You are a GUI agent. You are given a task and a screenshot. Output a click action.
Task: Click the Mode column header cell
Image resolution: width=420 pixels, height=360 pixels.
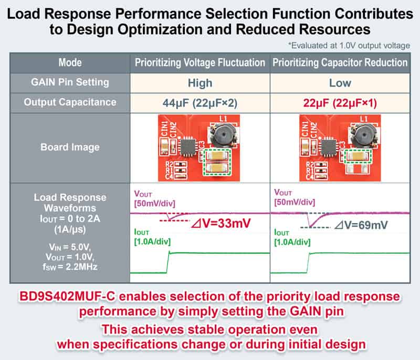point(70,63)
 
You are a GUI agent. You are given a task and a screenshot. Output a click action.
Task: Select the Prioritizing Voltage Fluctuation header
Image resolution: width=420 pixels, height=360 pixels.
point(200,63)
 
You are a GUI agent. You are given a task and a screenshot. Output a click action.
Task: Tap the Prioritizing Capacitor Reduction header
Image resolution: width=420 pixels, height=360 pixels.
point(340,63)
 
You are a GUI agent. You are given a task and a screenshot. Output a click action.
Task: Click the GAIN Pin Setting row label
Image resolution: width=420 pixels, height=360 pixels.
point(70,82)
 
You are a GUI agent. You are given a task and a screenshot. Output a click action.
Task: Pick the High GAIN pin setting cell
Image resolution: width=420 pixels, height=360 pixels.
point(200,83)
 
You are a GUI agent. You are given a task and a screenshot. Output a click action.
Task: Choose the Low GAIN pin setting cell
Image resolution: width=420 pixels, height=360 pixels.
point(340,83)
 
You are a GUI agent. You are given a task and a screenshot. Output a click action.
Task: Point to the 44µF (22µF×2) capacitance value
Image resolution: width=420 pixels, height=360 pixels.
point(200,102)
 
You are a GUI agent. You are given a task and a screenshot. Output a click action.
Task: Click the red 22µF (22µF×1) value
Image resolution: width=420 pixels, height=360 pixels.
point(340,102)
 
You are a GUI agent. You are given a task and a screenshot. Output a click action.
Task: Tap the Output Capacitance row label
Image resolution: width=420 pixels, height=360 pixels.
point(70,102)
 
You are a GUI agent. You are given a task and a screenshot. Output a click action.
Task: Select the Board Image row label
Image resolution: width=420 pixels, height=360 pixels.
point(70,147)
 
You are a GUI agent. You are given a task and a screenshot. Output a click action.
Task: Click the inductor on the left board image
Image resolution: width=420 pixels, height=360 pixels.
point(222,135)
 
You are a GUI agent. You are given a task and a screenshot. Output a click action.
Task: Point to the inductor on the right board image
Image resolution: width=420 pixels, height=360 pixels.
point(362,135)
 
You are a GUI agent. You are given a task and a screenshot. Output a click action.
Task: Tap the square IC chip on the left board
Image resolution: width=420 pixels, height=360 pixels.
point(186,147)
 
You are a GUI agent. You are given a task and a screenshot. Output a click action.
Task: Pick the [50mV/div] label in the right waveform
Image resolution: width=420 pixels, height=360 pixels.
point(295,202)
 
